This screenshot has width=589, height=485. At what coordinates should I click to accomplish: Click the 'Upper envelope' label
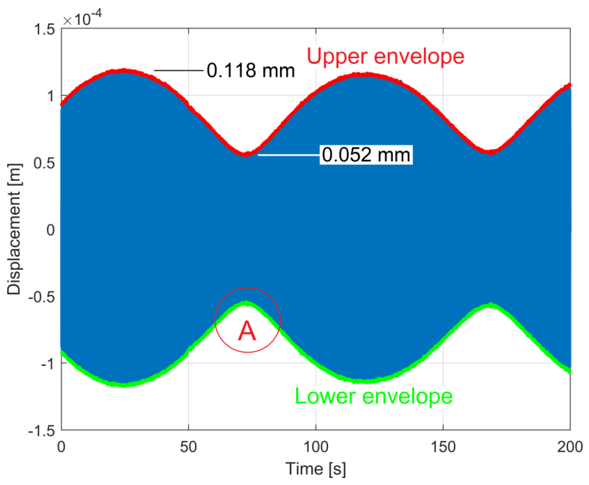tap(385, 57)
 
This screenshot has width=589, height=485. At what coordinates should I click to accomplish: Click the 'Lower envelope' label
tap(374, 396)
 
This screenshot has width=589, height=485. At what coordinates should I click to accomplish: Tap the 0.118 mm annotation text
tap(251, 70)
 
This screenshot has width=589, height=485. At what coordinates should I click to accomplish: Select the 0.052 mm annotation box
tap(366, 155)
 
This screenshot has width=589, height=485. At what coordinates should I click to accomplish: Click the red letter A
tap(247, 331)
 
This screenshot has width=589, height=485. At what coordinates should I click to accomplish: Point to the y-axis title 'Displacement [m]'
tap(14, 229)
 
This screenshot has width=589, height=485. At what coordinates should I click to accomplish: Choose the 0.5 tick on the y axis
tap(44, 163)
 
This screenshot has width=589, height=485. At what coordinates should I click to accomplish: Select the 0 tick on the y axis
tap(51, 230)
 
